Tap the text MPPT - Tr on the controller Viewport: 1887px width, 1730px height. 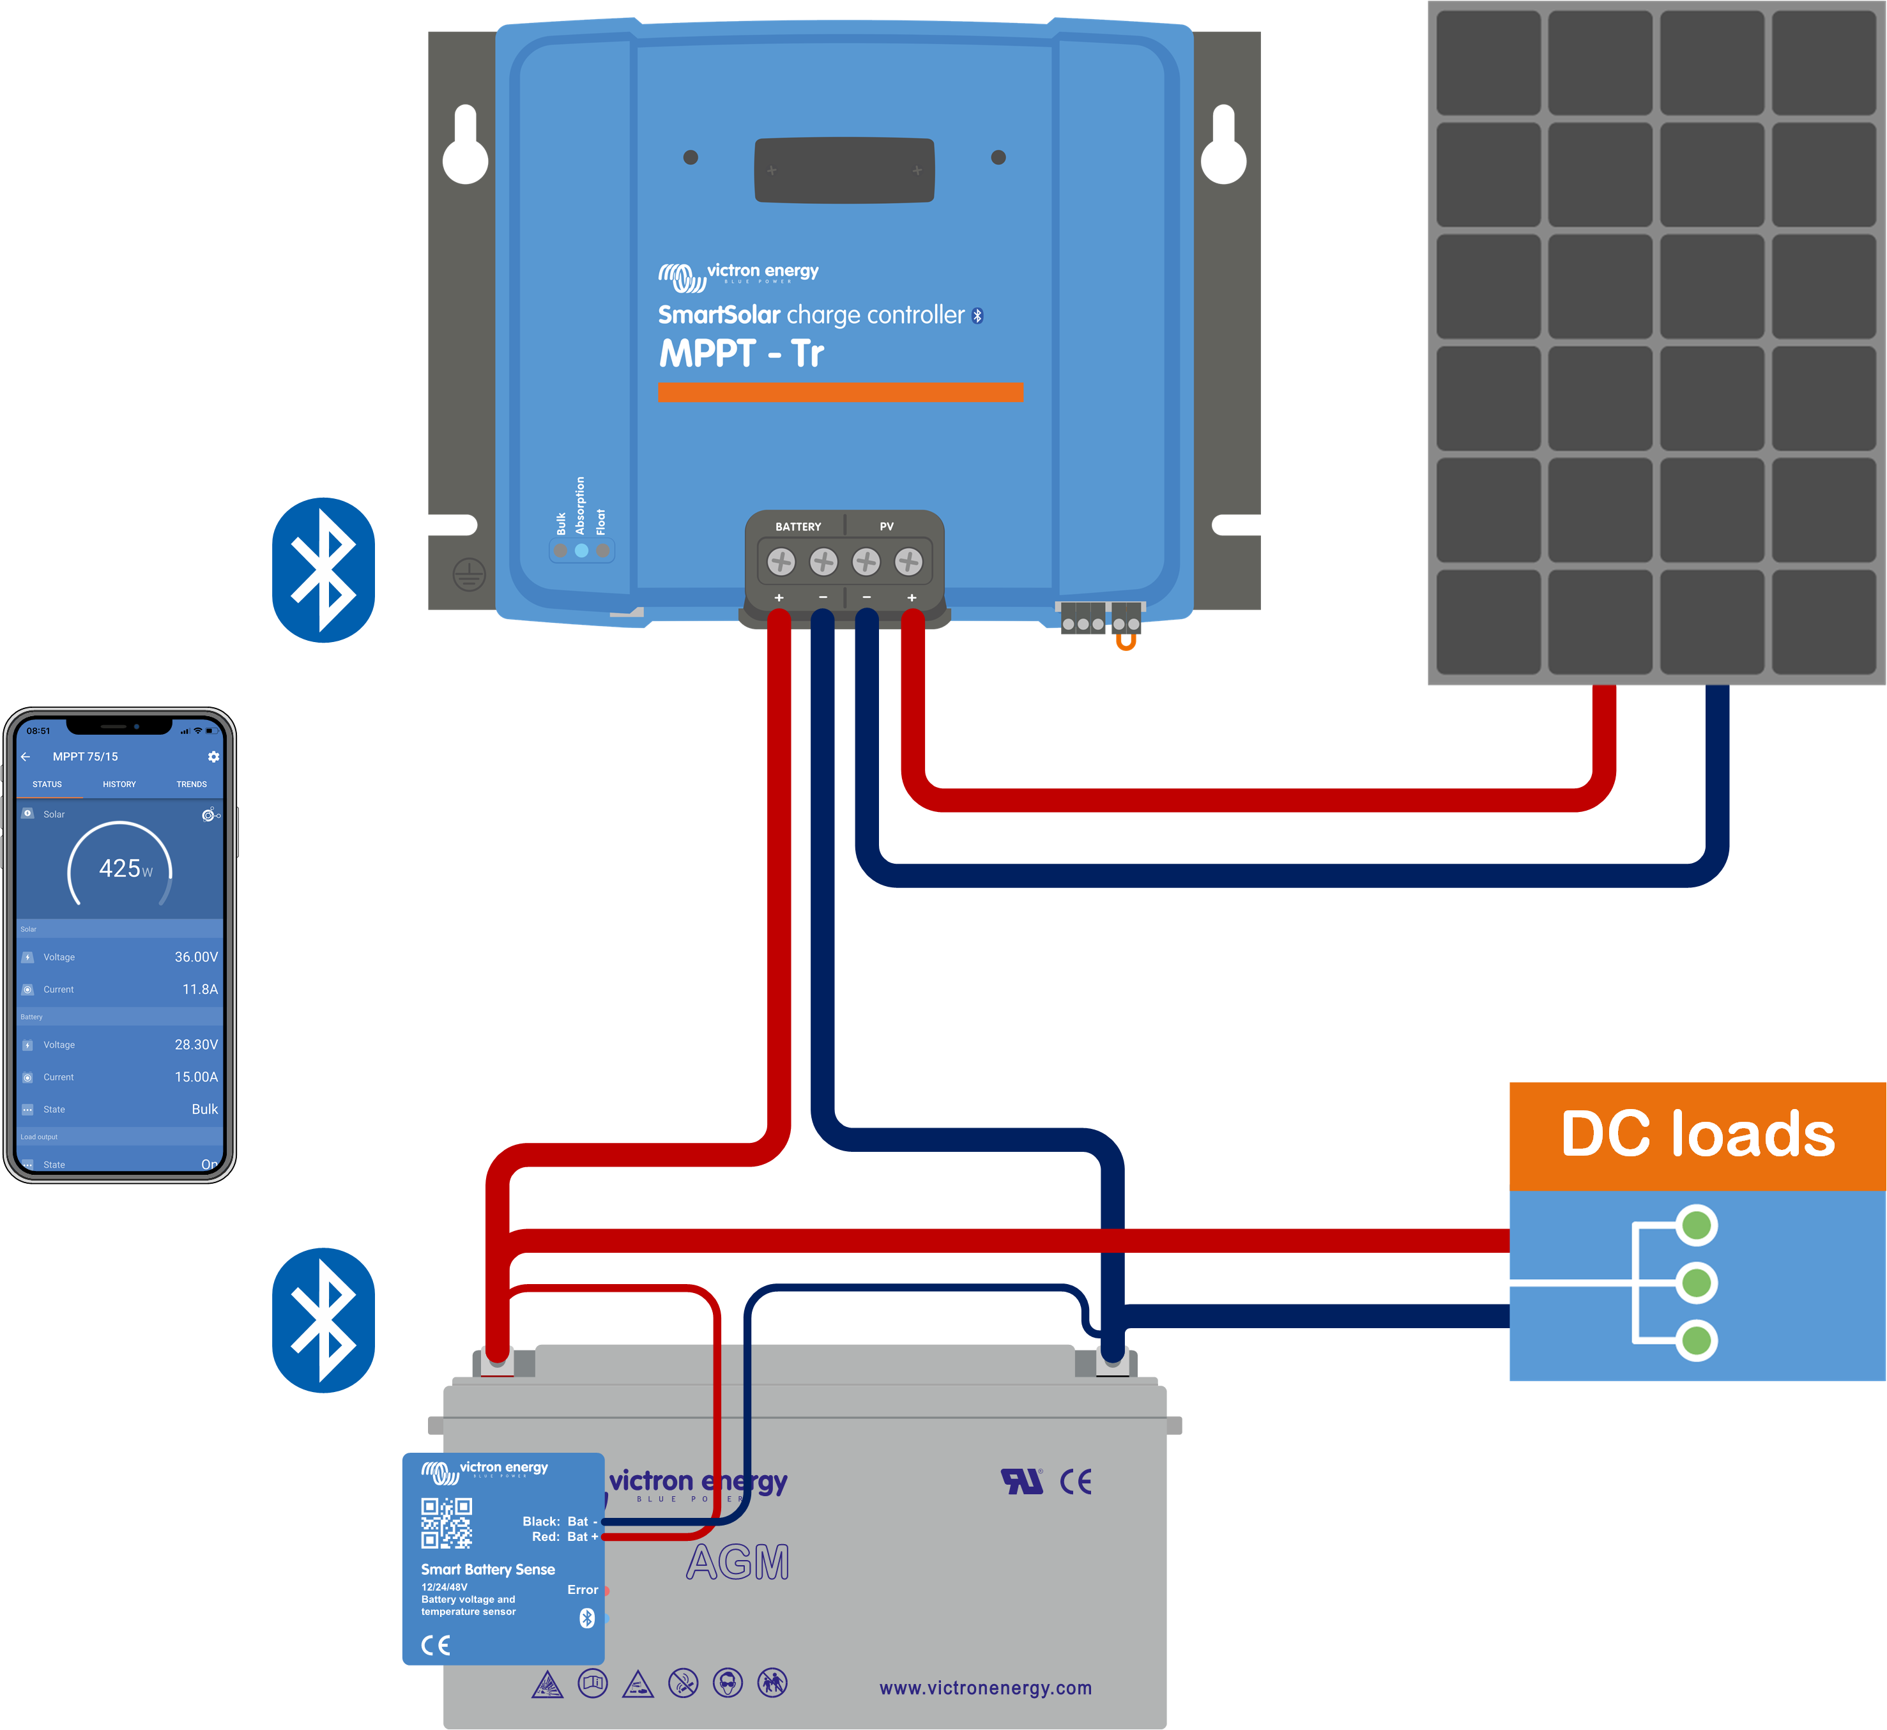click(741, 354)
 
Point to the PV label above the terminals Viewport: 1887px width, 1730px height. click(887, 527)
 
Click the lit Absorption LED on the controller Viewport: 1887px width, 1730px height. click(581, 551)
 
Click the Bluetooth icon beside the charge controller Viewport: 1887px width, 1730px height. click(323, 570)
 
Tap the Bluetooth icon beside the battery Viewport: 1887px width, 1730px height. click(323, 1320)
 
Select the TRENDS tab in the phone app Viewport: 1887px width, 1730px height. click(191, 785)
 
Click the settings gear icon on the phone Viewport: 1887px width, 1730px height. click(213, 756)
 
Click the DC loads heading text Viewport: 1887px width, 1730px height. click(1697, 1135)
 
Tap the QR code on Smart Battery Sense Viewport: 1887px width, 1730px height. click(447, 1523)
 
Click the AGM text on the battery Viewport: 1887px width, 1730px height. click(738, 1563)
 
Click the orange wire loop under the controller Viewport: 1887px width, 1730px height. click(1126, 642)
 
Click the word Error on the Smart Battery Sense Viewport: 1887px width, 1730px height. click(582, 1589)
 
